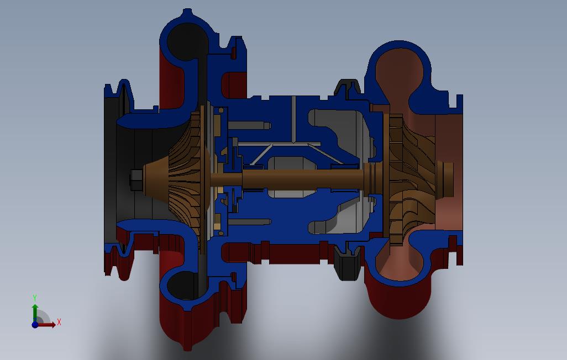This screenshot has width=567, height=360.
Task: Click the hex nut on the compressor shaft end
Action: click(x=136, y=179)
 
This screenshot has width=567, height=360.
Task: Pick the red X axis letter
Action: click(x=59, y=322)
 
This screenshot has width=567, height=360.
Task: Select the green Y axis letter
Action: click(x=35, y=298)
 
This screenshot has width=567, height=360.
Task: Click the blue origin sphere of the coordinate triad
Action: click(x=35, y=325)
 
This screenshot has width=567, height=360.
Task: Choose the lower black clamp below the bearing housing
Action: click(x=347, y=264)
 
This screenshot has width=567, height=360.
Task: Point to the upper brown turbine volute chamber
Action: click(x=399, y=72)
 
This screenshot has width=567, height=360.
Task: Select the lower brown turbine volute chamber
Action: click(x=399, y=265)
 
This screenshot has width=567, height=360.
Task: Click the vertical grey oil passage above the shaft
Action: click(x=293, y=119)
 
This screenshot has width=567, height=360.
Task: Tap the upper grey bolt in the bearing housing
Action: click(x=249, y=126)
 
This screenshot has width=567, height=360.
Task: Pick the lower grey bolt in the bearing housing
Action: click(x=249, y=222)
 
